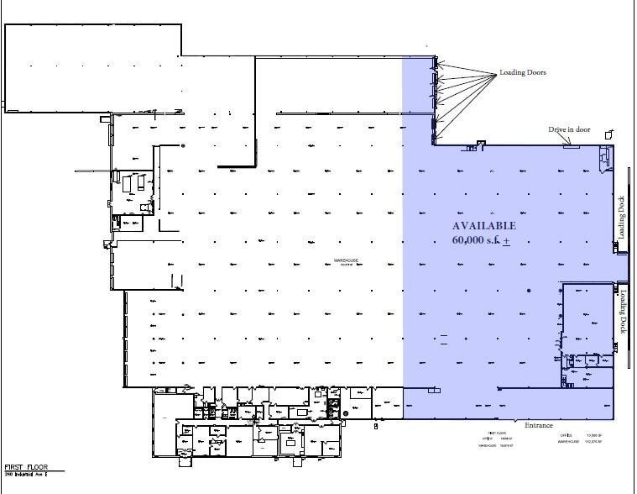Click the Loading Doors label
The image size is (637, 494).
click(522, 72)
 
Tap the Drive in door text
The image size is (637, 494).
click(570, 129)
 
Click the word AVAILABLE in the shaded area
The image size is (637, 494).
click(484, 226)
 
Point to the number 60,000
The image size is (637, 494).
click(473, 241)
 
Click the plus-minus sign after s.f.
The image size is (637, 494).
click(506, 242)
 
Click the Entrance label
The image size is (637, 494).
click(539, 425)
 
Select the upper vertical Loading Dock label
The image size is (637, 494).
click(622, 217)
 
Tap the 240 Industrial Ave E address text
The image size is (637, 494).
click(28, 475)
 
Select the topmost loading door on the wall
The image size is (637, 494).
click(435, 60)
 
